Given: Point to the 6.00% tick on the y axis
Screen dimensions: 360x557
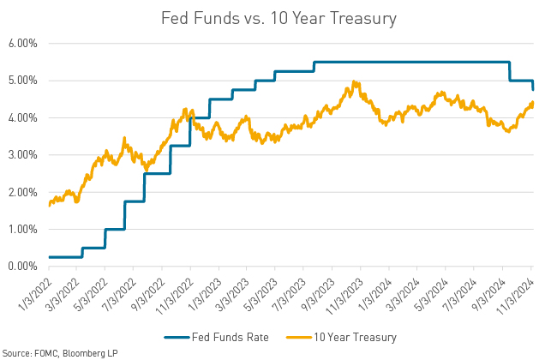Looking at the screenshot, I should click(23, 43).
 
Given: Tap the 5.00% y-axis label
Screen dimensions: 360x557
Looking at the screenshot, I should click(23, 81).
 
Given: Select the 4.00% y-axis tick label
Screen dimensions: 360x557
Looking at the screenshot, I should click(23, 117).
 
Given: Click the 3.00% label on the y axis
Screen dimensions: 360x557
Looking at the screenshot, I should click(23, 155).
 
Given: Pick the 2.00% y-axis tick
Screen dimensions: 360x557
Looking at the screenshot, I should click(23, 192).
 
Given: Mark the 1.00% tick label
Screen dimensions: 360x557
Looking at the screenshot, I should click(23, 230).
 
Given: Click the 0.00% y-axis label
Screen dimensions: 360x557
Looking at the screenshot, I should click(23, 267).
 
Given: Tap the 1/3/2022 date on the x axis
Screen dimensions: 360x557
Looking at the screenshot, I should click(35, 289).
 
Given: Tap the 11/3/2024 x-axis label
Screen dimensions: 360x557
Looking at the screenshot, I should click(518, 289).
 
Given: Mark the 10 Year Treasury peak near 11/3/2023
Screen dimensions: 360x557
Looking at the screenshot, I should click(355, 82).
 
